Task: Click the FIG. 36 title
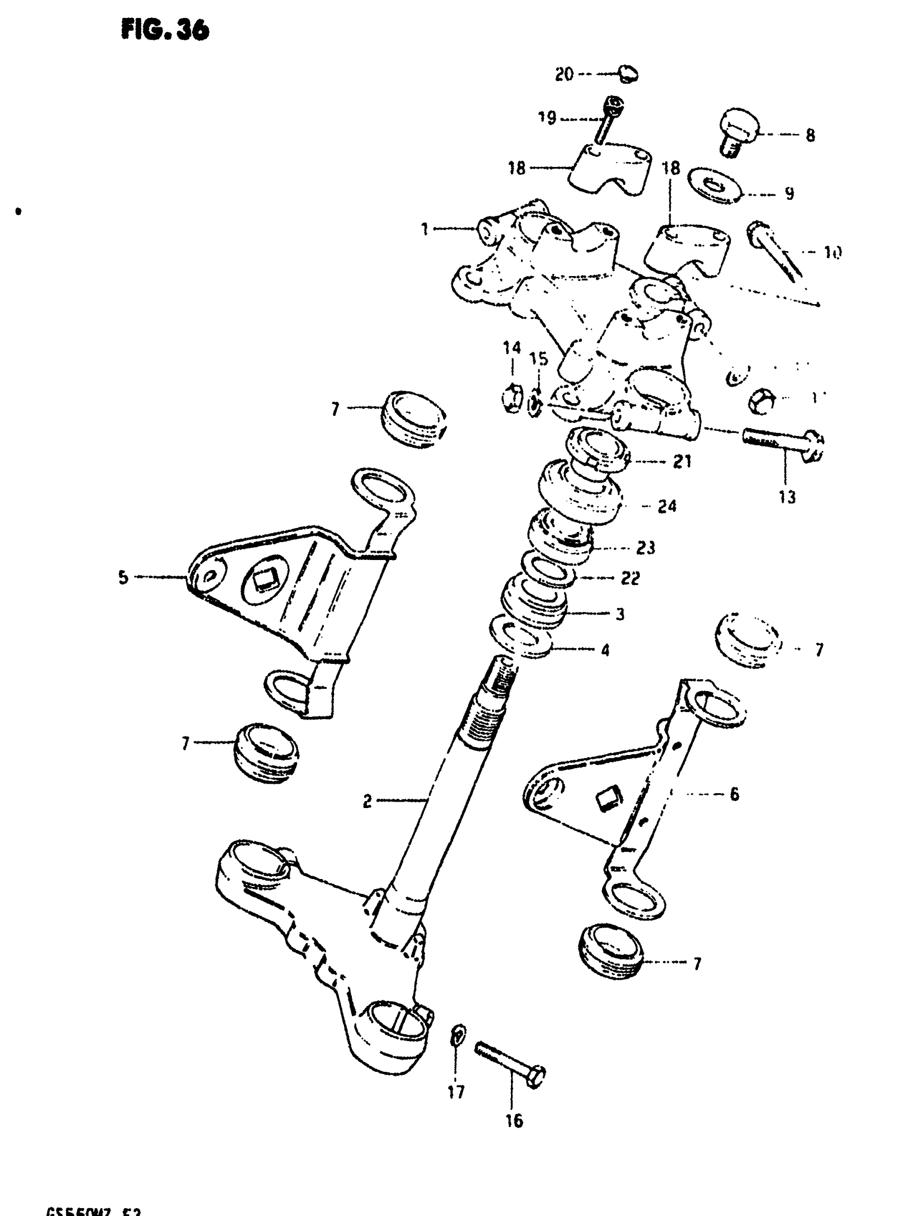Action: click(x=165, y=30)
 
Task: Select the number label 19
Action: click(x=547, y=117)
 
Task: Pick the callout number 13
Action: click(x=787, y=497)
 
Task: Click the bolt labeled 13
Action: click(x=783, y=439)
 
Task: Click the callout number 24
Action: click(x=667, y=507)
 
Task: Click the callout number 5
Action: click(x=123, y=577)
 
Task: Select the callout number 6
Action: click(x=734, y=794)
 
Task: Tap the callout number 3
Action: click(x=620, y=614)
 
